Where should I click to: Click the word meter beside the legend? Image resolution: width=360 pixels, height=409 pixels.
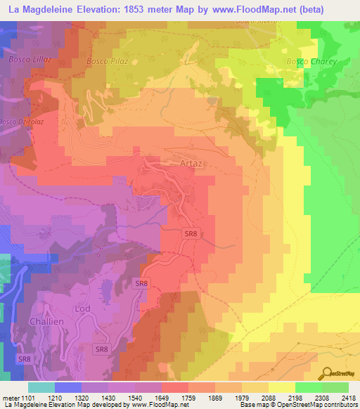pyautogui.click(x=9, y=398)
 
